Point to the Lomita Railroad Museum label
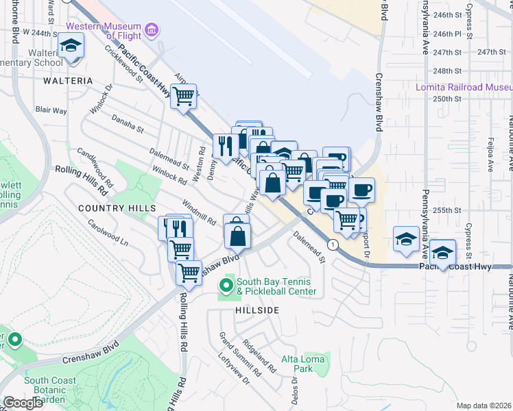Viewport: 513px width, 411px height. (464, 87)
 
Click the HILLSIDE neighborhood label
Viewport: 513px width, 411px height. (257, 310)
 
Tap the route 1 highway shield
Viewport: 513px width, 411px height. (333, 245)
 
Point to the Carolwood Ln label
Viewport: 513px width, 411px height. (108, 233)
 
